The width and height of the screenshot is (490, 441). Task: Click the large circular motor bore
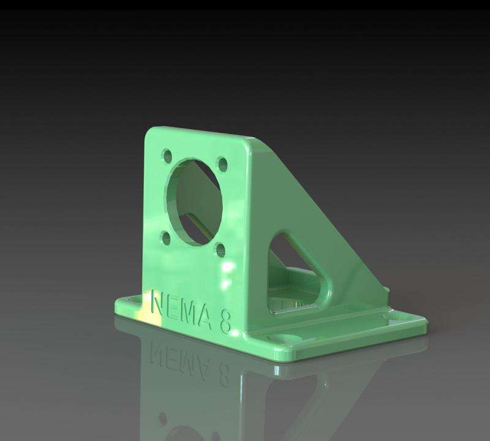(x=193, y=201)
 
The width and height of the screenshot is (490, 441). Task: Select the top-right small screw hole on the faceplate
(x=223, y=164)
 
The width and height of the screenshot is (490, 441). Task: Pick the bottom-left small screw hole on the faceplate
(x=165, y=238)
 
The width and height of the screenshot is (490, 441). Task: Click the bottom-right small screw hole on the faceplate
(x=221, y=250)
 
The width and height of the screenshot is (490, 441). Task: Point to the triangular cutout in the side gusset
(x=299, y=269)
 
